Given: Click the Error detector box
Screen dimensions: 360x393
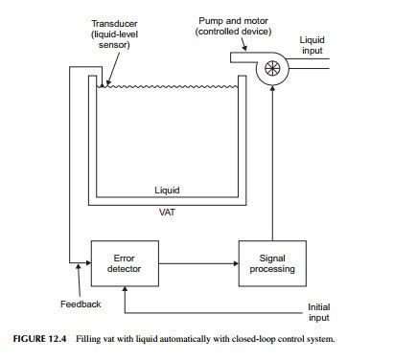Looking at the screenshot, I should click(126, 263).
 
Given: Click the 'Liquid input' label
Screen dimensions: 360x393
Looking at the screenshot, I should click(312, 46).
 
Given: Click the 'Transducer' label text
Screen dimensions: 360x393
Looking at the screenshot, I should click(114, 23).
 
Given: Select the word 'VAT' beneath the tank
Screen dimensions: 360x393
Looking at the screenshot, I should click(167, 212).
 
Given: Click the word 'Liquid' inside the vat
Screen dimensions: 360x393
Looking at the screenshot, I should click(167, 190).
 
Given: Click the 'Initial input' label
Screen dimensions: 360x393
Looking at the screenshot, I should click(319, 313).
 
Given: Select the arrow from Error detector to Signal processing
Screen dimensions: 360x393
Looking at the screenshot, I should click(199, 263).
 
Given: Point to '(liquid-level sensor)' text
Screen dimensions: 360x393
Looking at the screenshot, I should click(114, 39).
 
